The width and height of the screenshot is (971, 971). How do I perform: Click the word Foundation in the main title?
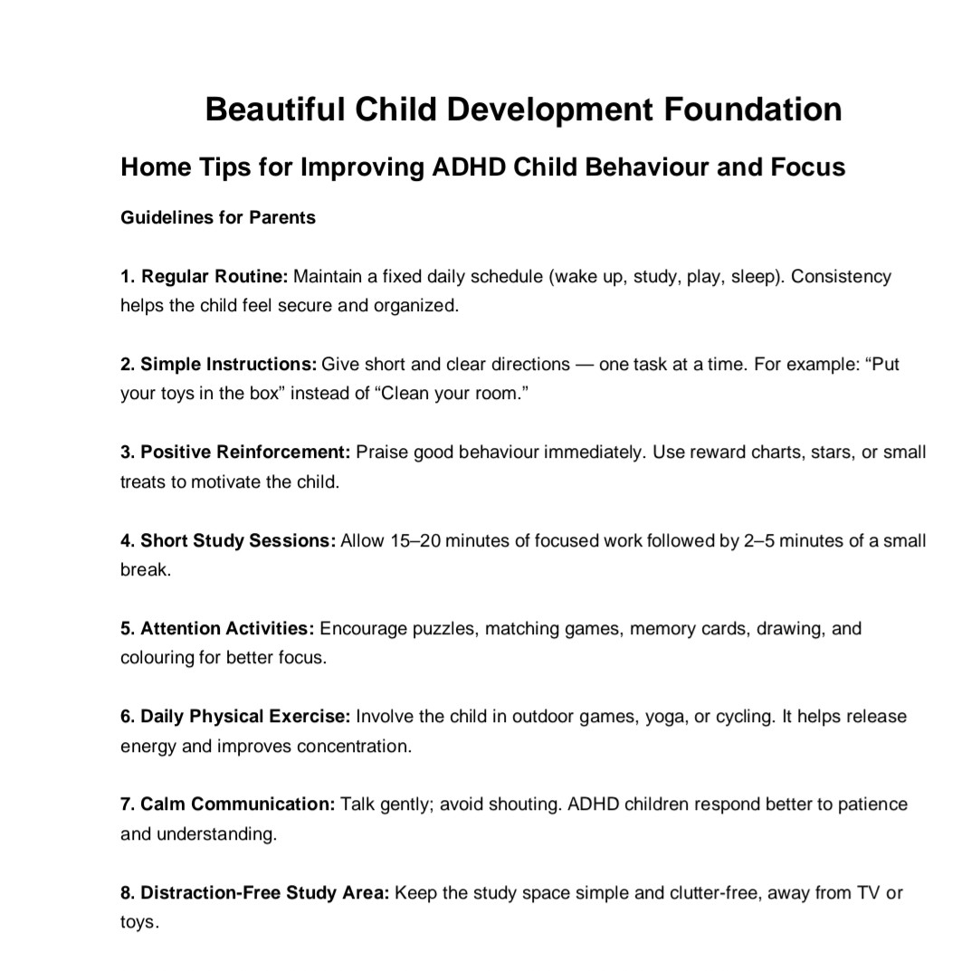click(x=754, y=109)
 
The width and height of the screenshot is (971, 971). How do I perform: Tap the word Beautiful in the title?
click(x=274, y=109)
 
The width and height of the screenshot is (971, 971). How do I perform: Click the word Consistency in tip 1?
click(x=841, y=276)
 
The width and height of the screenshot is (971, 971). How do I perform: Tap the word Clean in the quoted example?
click(x=413, y=395)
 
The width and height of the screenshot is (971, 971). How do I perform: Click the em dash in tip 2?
click(x=584, y=365)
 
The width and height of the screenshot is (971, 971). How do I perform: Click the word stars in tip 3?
click(x=831, y=452)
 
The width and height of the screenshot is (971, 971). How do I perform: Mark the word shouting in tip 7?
click(x=522, y=804)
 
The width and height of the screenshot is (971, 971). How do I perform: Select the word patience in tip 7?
click(x=871, y=804)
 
